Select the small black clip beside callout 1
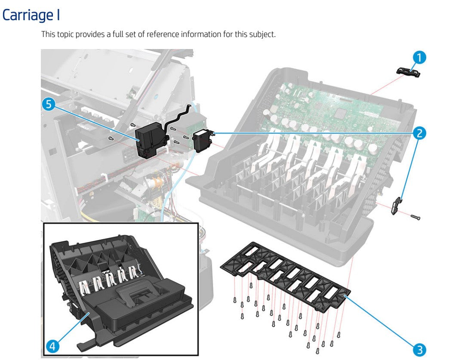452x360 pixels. point(407,72)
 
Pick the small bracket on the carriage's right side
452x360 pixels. point(397,206)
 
